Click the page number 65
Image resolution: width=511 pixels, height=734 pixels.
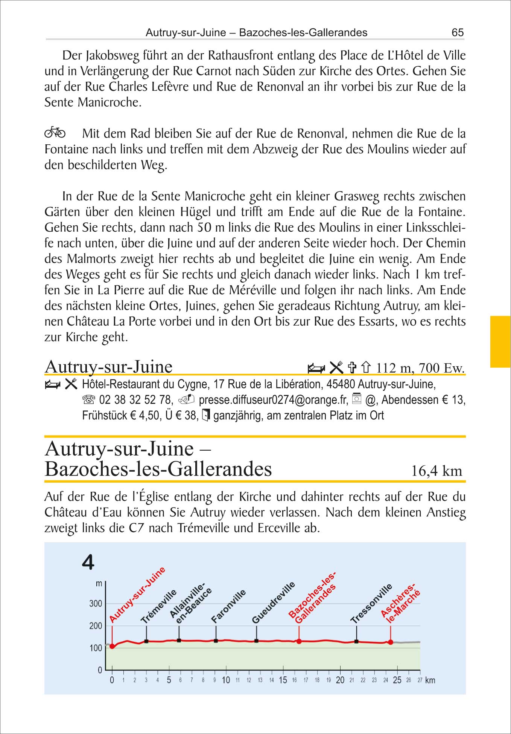coord(458,32)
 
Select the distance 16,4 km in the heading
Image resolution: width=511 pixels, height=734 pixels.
coord(436,471)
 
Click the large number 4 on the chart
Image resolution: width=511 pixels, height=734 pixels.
coord(88,563)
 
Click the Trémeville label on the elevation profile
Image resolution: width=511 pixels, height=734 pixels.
coord(159,606)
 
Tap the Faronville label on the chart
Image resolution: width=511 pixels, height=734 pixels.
coord(228,606)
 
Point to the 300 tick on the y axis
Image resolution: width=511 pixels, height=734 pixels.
coord(96,603)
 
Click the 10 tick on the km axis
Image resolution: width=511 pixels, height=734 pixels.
coord(226,680)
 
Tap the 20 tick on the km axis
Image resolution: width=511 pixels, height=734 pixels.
coord(340,680)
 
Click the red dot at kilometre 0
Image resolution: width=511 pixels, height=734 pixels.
coord(112,646)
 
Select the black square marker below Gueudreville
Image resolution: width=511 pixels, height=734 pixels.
coord(257,641)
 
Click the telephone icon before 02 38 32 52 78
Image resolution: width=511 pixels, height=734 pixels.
coord(89,399)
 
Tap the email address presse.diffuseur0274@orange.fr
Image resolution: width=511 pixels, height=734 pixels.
coord(273,399)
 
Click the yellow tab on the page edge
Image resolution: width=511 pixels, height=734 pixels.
coord(500,341)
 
